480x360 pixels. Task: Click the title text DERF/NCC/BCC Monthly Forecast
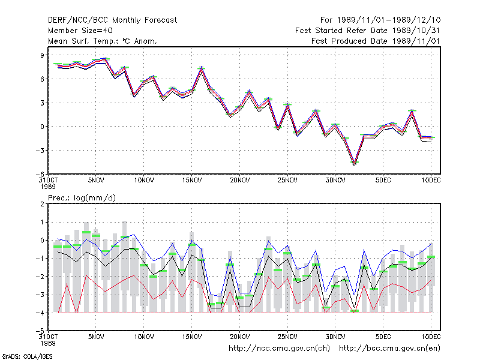coord(112,20)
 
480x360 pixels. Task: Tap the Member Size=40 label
coord(80,31)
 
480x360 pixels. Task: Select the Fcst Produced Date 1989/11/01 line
coord(376,41)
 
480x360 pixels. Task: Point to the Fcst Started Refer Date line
coord(368,31)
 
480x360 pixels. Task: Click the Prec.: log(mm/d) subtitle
coord(82,198)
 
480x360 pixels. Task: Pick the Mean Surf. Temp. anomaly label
coord(103,41)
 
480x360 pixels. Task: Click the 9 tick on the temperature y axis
coord(42,55)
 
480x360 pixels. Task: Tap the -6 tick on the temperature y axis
coord(40,174)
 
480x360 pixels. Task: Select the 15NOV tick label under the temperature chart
coord(191,180)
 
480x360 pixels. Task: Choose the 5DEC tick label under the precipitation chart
coord(383,337)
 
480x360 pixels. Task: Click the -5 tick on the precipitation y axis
coord(40,331)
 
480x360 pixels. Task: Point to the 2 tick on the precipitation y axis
coord(42,204)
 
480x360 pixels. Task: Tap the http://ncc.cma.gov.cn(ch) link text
coord(279,349)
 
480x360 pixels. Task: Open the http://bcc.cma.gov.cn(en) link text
coord(389,349)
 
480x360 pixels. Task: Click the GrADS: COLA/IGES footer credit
coord(27,356)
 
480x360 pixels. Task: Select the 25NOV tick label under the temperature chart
coord(287,180)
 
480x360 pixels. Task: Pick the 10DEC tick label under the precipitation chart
coord(431,337)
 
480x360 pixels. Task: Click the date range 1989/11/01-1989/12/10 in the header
coord(389,20)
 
